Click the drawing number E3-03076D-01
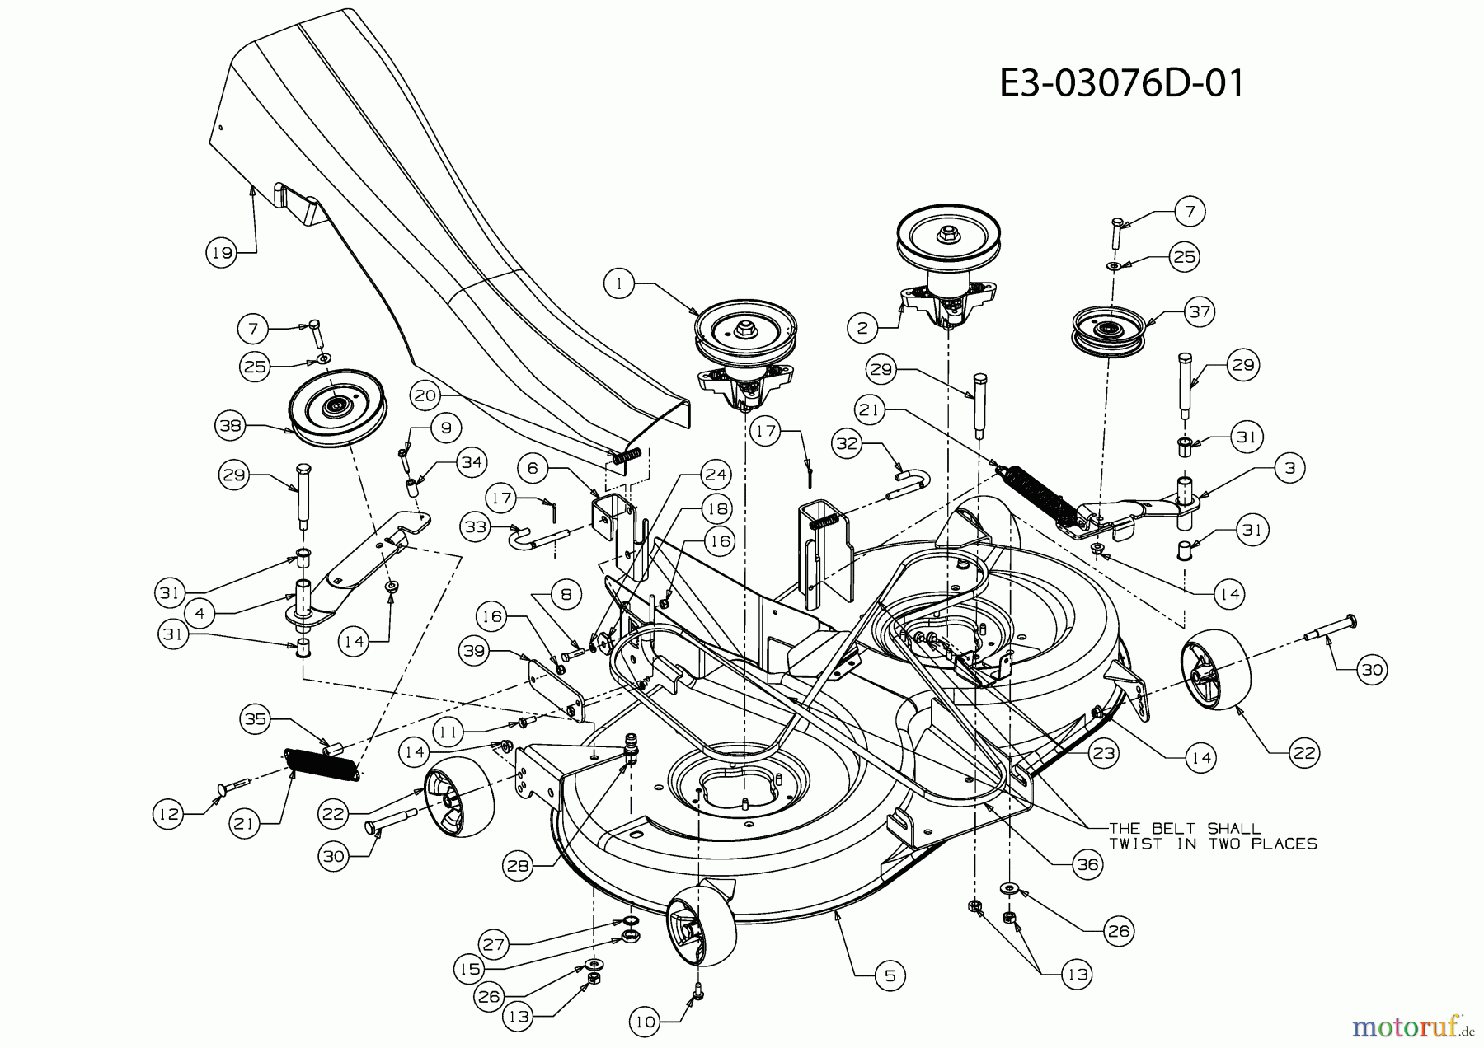pos(1121,83)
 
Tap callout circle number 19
pos(221,253)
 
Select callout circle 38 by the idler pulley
pos(232,427)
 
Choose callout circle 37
pos(1199,312)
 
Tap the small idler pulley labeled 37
pos(1106,329)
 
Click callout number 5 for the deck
pos(890,976)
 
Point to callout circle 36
pos(1088,864)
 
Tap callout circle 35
pos(256,719)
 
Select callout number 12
pos(168,814)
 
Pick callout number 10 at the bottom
pos(646,1022)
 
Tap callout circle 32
pos(849,444)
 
